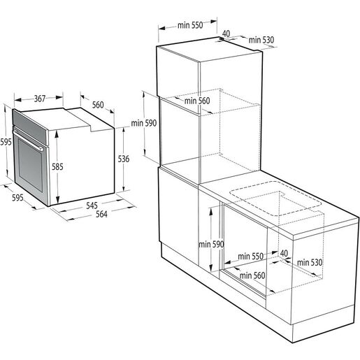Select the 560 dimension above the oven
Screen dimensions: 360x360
[98, 106]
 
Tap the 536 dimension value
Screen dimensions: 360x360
[124, 159]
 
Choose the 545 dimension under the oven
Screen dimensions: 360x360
[91, 206]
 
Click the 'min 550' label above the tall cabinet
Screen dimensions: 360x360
[189, 25]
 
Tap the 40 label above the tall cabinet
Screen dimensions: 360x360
[226, 32]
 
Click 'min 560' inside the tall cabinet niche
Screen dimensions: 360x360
[197, 101]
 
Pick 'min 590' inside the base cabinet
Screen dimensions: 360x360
[209, 244]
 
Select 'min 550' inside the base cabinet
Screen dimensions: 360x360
[248, 256]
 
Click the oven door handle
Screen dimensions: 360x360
[42, 150]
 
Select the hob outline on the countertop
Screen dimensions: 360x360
[276, 202]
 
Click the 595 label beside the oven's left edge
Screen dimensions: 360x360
[6, 141]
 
